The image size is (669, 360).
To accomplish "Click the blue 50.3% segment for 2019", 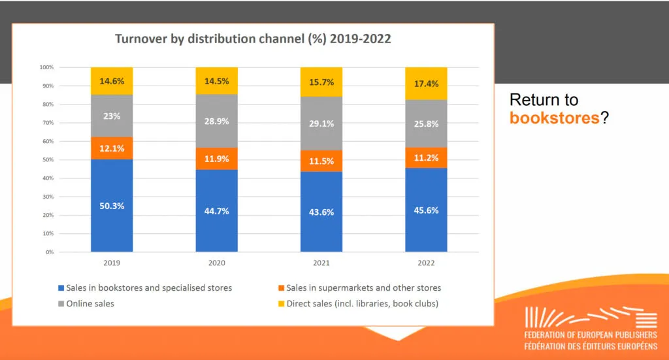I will pos(112,205).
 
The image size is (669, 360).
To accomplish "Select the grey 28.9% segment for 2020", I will pos(216,121).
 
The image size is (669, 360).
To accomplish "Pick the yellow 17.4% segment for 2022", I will pos(426,84).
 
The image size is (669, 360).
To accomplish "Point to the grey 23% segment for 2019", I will pos(112,116).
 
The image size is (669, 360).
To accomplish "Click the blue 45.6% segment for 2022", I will pos(426,210).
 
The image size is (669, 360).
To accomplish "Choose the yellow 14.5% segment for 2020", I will pos(216,80).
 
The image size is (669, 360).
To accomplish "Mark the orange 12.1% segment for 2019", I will pos(112,148).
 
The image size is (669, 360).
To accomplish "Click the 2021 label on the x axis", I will pos(321,263).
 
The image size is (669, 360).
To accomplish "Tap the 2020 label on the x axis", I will pos(216,263).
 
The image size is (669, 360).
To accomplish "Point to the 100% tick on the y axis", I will pos(46,67).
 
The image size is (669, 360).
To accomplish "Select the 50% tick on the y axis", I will pos(47,159).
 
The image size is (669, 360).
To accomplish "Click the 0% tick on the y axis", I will pos(49,252).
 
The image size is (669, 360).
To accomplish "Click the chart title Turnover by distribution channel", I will pos(253,39).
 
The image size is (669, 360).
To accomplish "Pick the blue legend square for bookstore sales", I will pos(61,288).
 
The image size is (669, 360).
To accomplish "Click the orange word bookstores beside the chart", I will pos(554,118).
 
